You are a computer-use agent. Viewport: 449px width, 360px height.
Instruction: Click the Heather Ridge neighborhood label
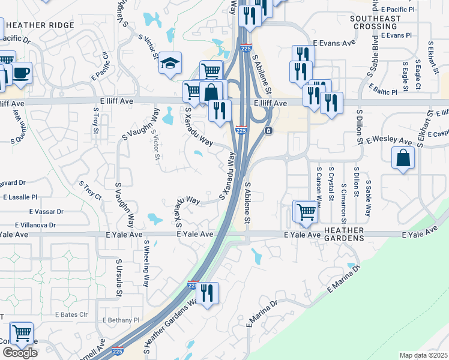40,25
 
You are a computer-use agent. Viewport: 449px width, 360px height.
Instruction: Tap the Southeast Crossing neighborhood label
375,23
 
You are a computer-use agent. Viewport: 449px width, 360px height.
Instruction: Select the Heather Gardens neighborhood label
344,234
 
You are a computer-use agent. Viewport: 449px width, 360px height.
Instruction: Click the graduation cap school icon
170,62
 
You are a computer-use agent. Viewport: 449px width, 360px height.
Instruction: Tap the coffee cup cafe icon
21,73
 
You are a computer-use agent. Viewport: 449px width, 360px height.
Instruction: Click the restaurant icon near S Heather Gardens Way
208,293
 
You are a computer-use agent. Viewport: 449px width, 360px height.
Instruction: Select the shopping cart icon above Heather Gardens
306,212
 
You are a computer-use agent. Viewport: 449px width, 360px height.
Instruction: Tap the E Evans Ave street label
327,43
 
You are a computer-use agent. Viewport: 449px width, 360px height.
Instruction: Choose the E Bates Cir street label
71,314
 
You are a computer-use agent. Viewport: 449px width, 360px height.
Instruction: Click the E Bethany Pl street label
121,320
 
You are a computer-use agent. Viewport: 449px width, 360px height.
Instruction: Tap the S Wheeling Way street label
146,263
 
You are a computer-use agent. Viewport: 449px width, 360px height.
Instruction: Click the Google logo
20,353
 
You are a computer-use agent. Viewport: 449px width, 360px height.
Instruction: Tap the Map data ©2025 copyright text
424,355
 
